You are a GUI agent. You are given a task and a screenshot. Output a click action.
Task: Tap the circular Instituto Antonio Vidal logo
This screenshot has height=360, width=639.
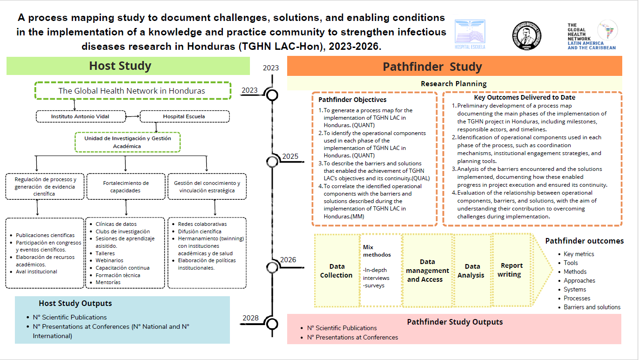(526, 34)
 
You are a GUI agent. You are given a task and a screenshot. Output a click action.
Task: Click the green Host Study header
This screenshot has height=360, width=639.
(120, 66)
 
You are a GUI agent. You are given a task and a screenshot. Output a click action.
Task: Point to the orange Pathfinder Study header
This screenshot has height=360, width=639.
(432, 67)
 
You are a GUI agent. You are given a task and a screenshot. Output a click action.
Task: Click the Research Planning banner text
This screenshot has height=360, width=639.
(453, 84)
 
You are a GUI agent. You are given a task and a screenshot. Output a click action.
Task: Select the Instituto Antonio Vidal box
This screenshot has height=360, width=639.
(81, 116)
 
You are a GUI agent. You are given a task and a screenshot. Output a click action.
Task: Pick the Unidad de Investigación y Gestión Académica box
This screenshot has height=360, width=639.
(128, 142)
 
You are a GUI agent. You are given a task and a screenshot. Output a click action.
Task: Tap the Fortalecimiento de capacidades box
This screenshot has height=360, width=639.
(126, 186)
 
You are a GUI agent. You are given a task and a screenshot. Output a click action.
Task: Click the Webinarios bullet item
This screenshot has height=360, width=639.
(109, 260)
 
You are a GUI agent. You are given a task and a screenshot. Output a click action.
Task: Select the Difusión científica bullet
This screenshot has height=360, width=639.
(200, 231)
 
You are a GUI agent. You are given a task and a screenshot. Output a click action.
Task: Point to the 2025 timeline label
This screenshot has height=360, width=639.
(289, 156)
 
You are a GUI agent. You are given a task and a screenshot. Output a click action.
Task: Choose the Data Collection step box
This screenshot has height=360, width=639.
(336, 271)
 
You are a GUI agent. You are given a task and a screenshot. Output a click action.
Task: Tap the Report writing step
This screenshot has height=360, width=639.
(511, 270)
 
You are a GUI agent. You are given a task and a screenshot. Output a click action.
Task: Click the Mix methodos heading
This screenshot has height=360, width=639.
(377, 251)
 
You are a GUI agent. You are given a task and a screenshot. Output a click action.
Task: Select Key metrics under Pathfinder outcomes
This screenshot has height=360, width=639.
(578, 254)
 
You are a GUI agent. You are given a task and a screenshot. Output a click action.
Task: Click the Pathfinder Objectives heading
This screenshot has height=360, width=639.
(352, 100)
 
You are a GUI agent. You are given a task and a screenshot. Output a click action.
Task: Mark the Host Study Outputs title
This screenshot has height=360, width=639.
(75, 304)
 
